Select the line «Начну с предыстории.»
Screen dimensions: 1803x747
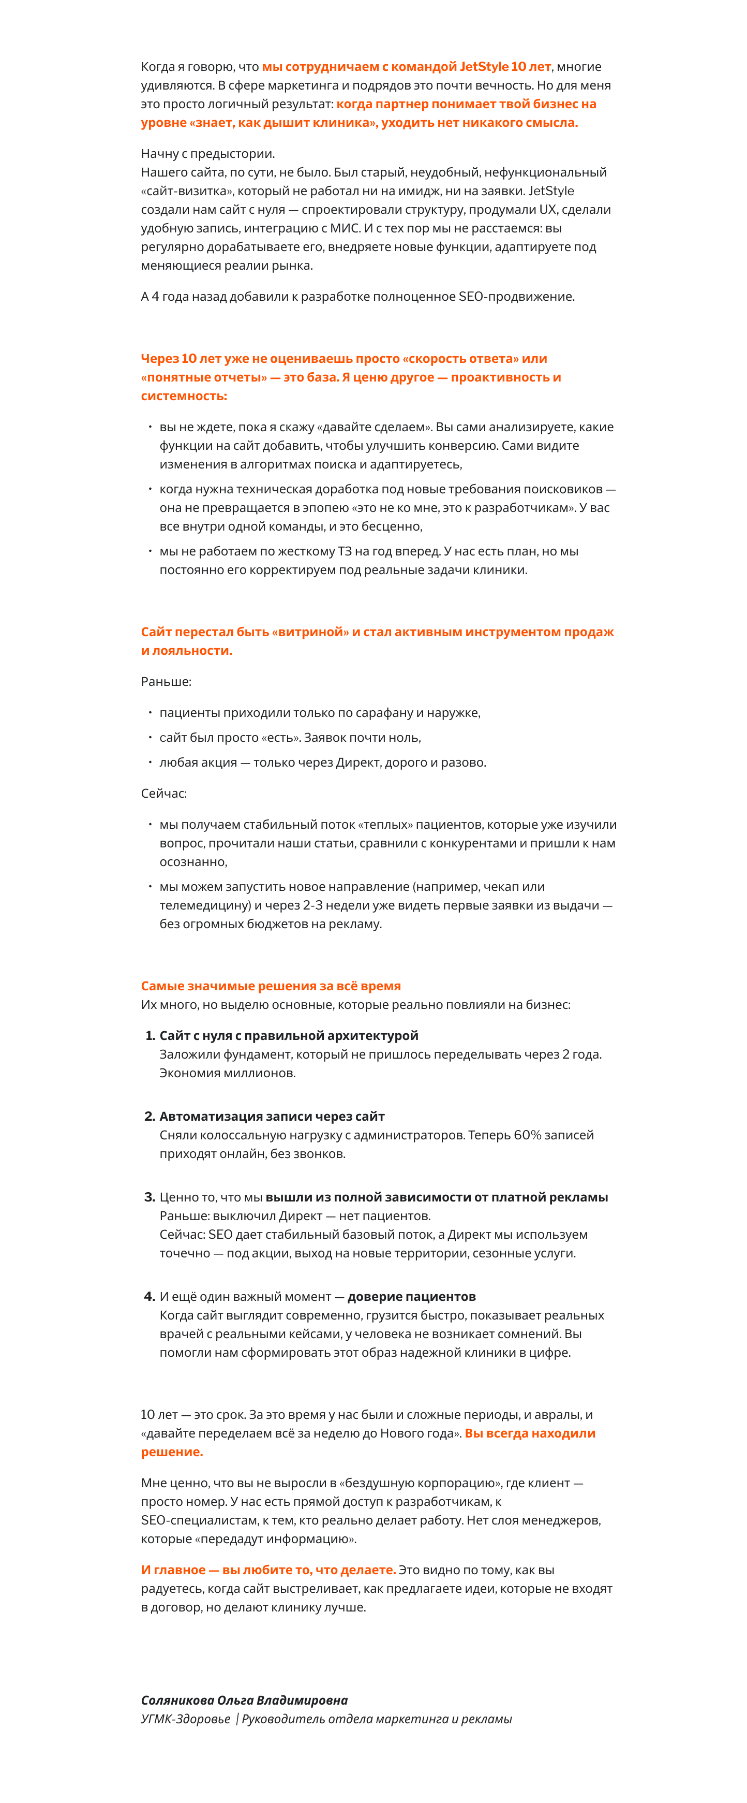coord(208,153)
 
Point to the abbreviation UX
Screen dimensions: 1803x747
coord(548,209)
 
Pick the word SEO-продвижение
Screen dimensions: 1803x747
coord(516,296)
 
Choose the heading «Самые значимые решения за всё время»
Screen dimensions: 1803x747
coord(271,986)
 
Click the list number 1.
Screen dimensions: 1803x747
coord(150,1035)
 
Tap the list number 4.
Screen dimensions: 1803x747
coord(149,1296)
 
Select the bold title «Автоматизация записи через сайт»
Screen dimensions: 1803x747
coord(272,1117)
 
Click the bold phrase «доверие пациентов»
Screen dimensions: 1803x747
coord(411,1296)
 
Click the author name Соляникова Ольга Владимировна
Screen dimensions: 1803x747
coord(244,1700)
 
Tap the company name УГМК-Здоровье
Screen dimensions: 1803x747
coord(185,1719)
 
